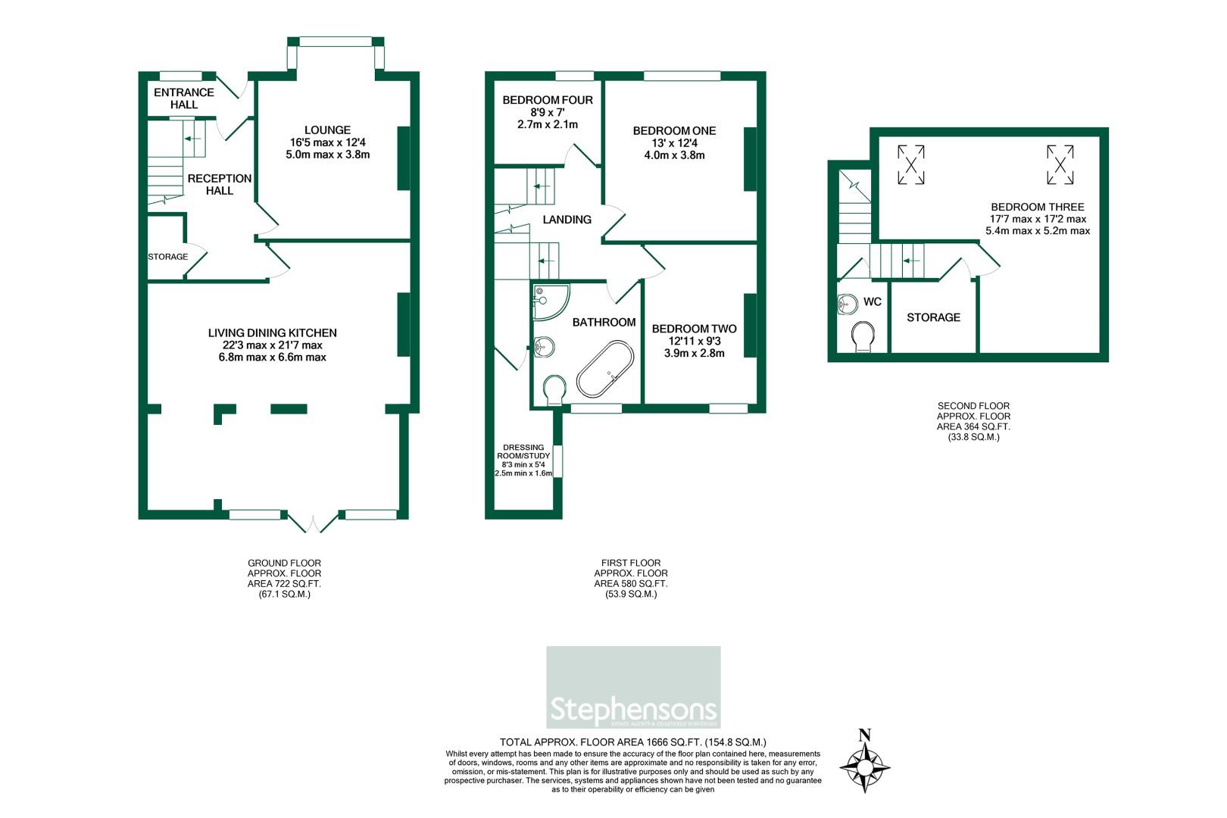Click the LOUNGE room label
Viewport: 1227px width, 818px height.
(x=327, y=130)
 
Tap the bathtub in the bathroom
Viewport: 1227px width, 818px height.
(x=604, y=369)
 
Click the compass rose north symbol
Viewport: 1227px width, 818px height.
(x=865, y=765)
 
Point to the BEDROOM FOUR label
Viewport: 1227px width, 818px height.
(x=547, y=100)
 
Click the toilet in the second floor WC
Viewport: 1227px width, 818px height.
(x=863, y=336)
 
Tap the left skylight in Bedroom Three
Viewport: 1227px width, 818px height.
(x=911, y=164)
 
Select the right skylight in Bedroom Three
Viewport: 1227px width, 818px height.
(x=1060, y=164)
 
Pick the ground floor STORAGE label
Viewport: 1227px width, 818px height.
(x=167, y=257)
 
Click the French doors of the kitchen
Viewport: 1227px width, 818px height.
(x=314, y=523)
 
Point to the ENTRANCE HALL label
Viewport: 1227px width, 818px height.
(x=183, y=98)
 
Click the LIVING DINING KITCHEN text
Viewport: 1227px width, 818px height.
(x=273, y=333)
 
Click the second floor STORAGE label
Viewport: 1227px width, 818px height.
(x=933, y=317)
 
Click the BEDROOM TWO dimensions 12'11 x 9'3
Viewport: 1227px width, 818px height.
(x=694, y=341)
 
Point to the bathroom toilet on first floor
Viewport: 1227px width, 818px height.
(x=555, y=389)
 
